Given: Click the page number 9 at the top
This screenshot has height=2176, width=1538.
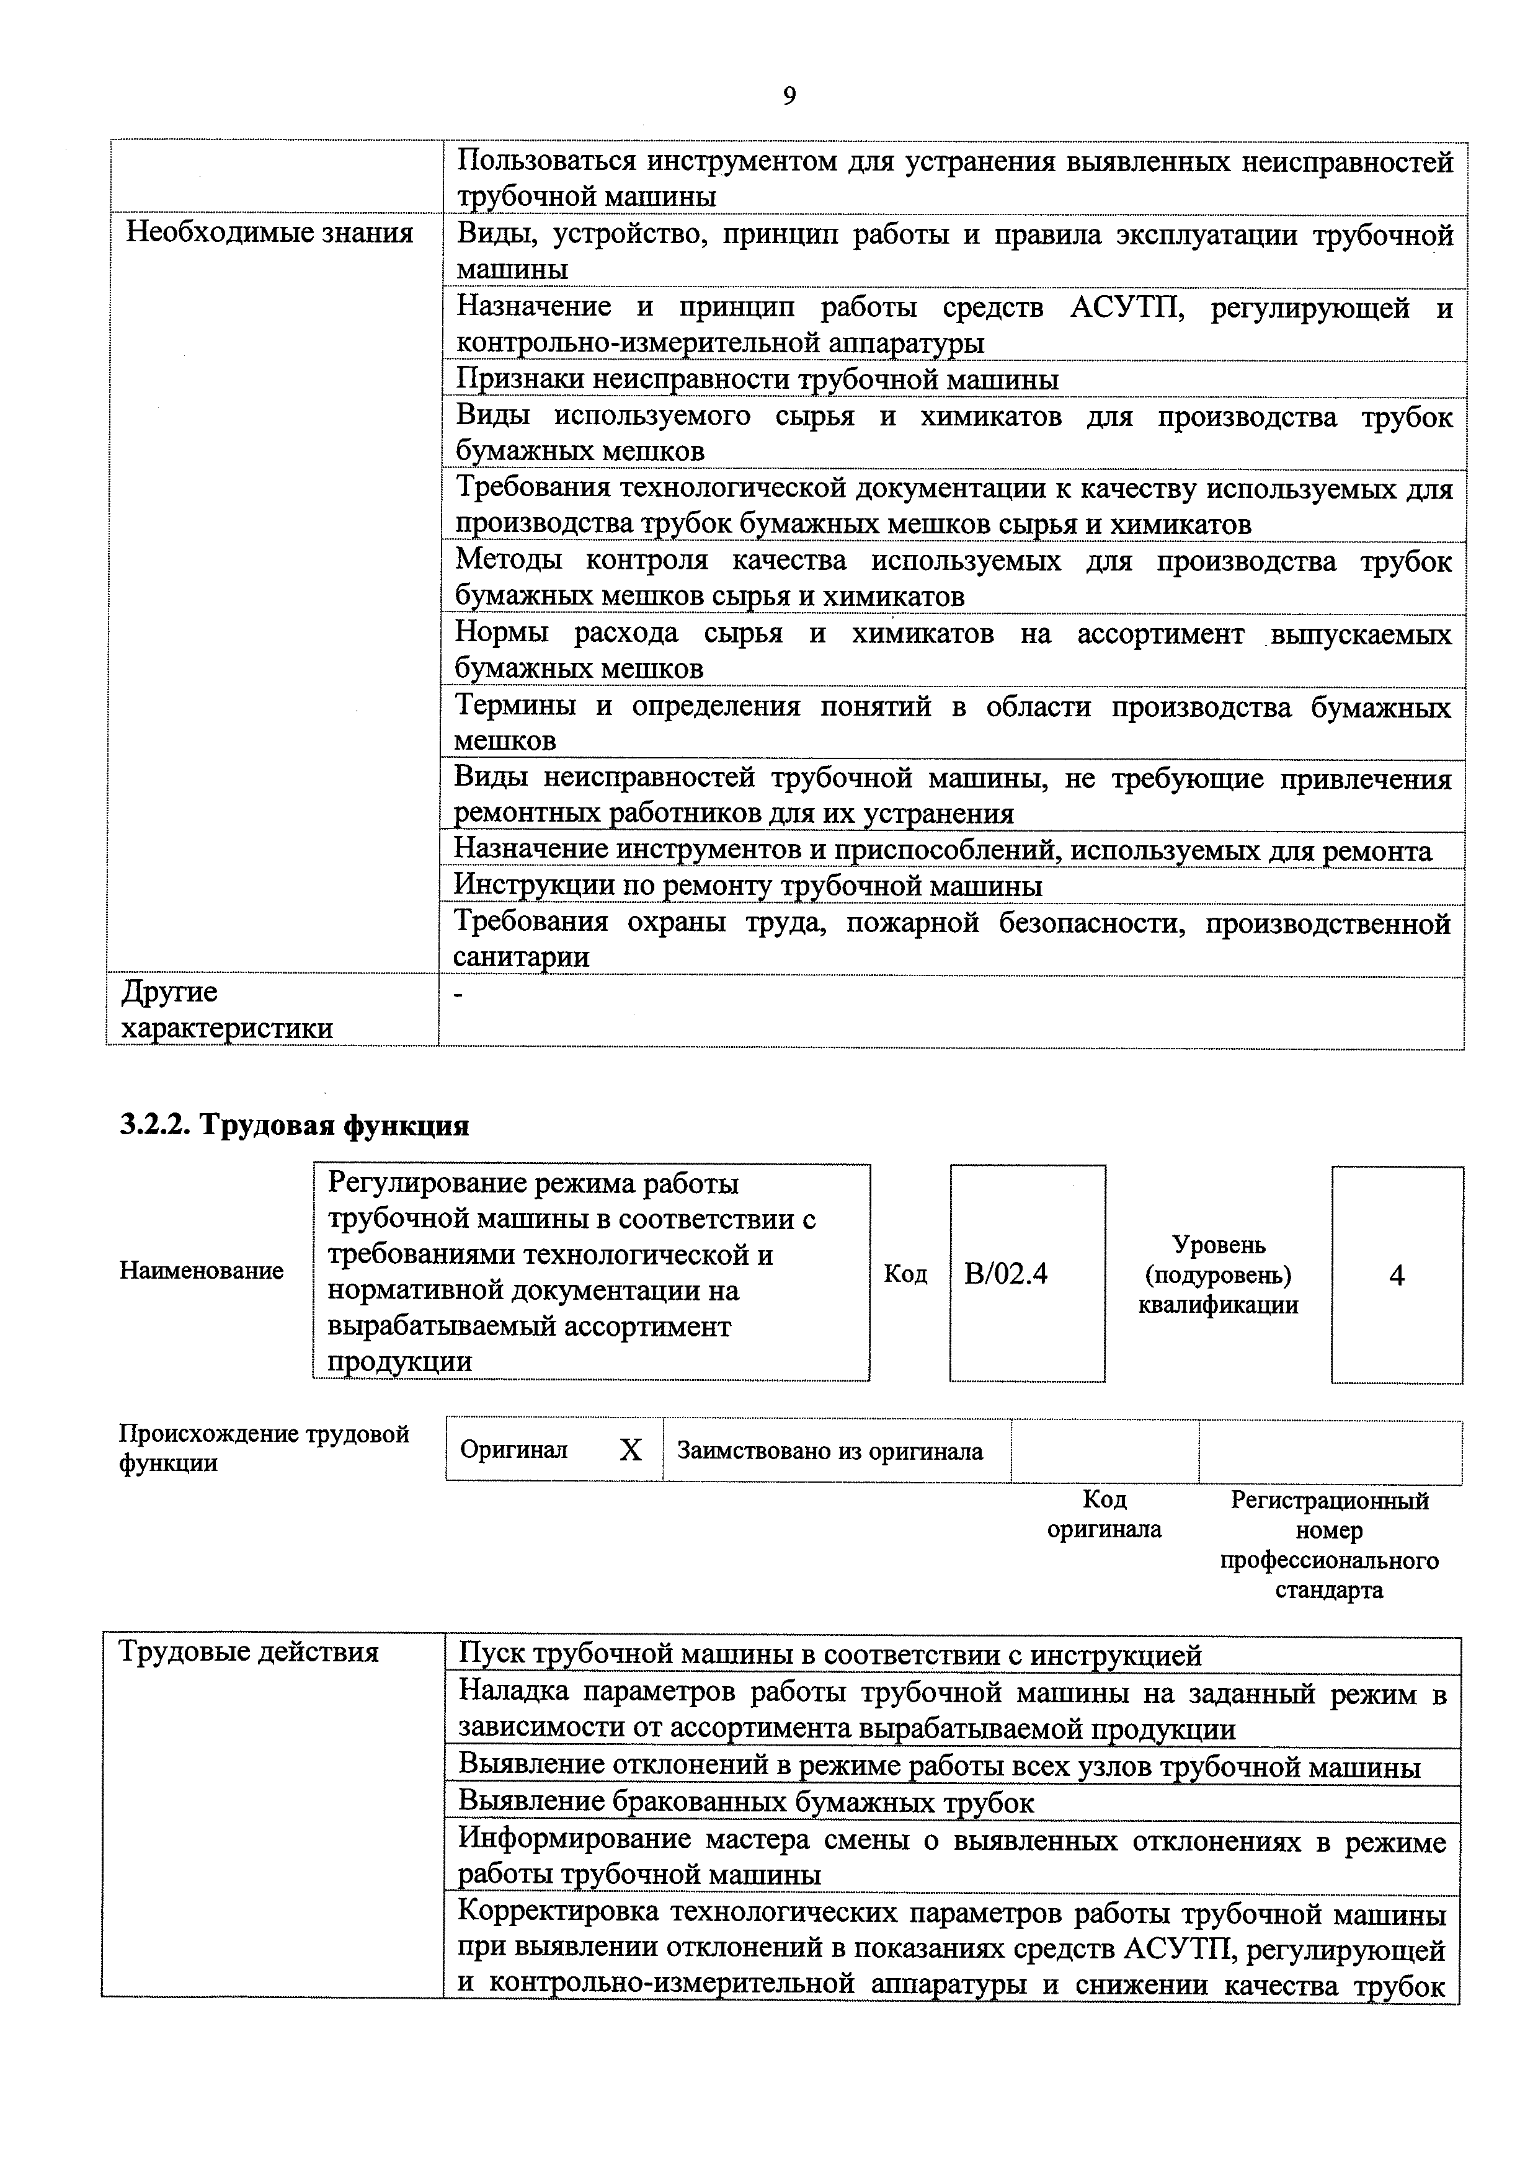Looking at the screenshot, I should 789,95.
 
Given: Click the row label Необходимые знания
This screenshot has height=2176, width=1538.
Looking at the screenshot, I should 269,233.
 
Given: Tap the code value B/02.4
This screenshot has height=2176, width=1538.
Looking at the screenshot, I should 1005,1273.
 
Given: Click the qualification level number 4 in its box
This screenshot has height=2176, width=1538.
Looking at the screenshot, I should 1396,1275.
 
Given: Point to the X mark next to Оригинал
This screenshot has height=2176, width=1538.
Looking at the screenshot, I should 630,1449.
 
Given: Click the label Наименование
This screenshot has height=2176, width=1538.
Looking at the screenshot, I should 201,1271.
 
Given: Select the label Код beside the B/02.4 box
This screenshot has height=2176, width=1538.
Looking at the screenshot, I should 905,1274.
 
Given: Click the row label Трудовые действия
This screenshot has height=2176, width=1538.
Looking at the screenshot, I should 248,1652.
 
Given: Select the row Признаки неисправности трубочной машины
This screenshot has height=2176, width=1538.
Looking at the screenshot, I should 757,379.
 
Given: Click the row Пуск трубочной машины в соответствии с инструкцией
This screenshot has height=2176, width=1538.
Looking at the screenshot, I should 830,1654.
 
